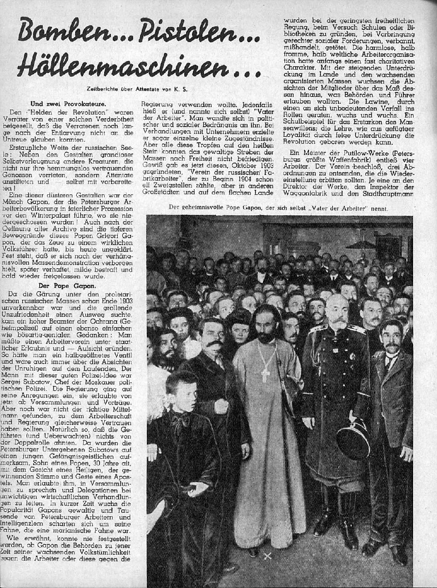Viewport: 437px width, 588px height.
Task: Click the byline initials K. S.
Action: coord(182,89)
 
